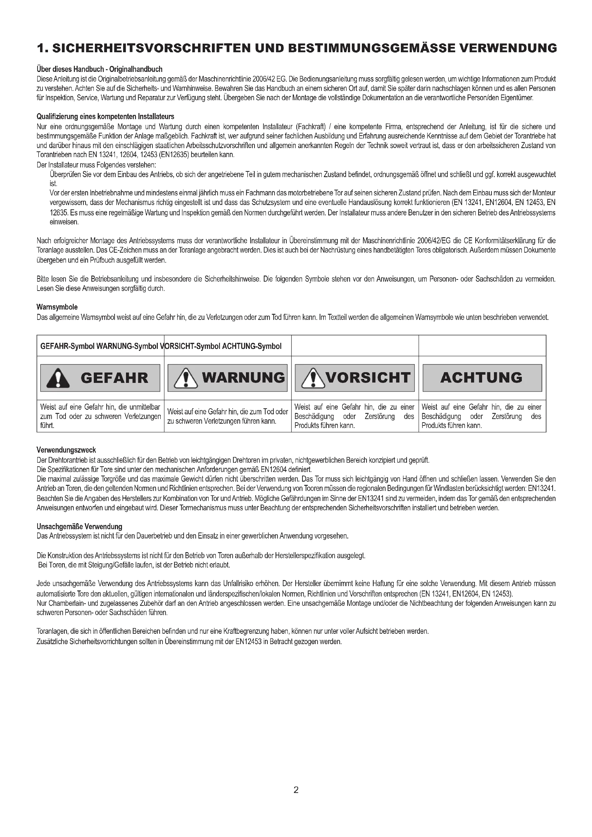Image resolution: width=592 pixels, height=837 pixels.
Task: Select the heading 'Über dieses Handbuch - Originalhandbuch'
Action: point(100,69)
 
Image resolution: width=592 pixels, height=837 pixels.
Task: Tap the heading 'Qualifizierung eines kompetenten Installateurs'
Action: point(105,117)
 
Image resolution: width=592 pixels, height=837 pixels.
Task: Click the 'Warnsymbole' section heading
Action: point(57,307)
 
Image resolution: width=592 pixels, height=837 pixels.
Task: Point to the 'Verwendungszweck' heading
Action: point(66,450)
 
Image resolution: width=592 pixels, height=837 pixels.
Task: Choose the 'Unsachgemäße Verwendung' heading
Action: point(79,526)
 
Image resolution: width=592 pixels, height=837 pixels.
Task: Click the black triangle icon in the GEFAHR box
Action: point(58,378)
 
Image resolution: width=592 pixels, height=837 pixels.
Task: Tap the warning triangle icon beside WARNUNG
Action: point(186,378)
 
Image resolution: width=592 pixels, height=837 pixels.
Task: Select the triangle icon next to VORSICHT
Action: point(313,378)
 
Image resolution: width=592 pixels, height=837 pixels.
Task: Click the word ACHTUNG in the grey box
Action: point(481,378)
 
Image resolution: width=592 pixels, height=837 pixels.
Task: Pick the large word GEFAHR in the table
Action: point(115,378)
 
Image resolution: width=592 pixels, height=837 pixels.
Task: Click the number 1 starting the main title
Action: point(41,48)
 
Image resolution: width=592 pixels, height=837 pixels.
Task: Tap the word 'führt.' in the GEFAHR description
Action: point(47,425)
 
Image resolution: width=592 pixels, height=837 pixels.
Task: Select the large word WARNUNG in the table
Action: point(243,378)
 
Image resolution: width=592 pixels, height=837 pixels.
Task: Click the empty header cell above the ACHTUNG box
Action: point(482,346)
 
